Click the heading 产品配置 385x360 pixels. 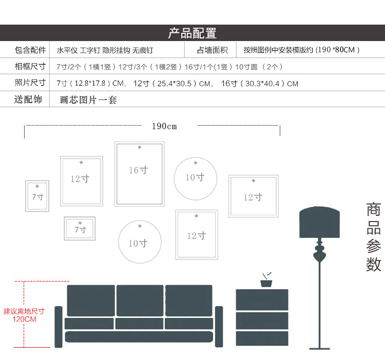(x=192, y=34)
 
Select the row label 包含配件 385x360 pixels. (x=29, y=50)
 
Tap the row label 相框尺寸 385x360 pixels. (x=29, y=67)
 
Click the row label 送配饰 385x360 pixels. (x=28, y=99)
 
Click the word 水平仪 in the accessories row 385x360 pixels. (x=66, y=50)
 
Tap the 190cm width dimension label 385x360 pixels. (x=164, y=126)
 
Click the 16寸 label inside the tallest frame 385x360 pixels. (x=139, y=170)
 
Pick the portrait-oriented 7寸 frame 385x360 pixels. (x=37, y=196)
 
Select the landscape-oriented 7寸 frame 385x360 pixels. (x=80, y=229)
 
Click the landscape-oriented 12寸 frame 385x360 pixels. (x=253, y=196)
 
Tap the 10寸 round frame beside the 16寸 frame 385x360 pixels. (x=195, y=177)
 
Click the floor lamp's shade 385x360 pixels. (x=320, y=223)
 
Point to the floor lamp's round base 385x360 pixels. (x=320, y=347)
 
